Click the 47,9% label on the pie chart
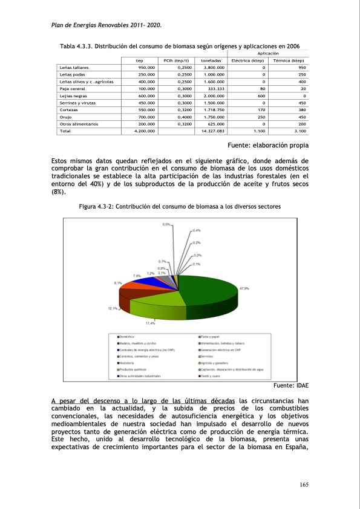tap(244, 288)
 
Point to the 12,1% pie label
tap(113, 309)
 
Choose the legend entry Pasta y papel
tap(211, 336)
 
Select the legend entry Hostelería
tap(127, 362)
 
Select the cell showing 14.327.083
tap(212, 131)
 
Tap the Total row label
tap(65, 131)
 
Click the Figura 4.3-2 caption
tap(180, 207)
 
